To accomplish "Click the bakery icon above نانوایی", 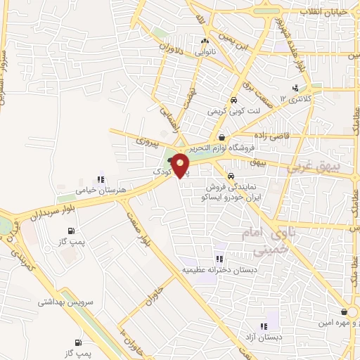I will pos(205,41).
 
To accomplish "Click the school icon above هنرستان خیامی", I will pos(102,179).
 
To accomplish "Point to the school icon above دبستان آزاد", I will pos(264,326).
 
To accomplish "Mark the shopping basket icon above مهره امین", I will pos(343,311).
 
